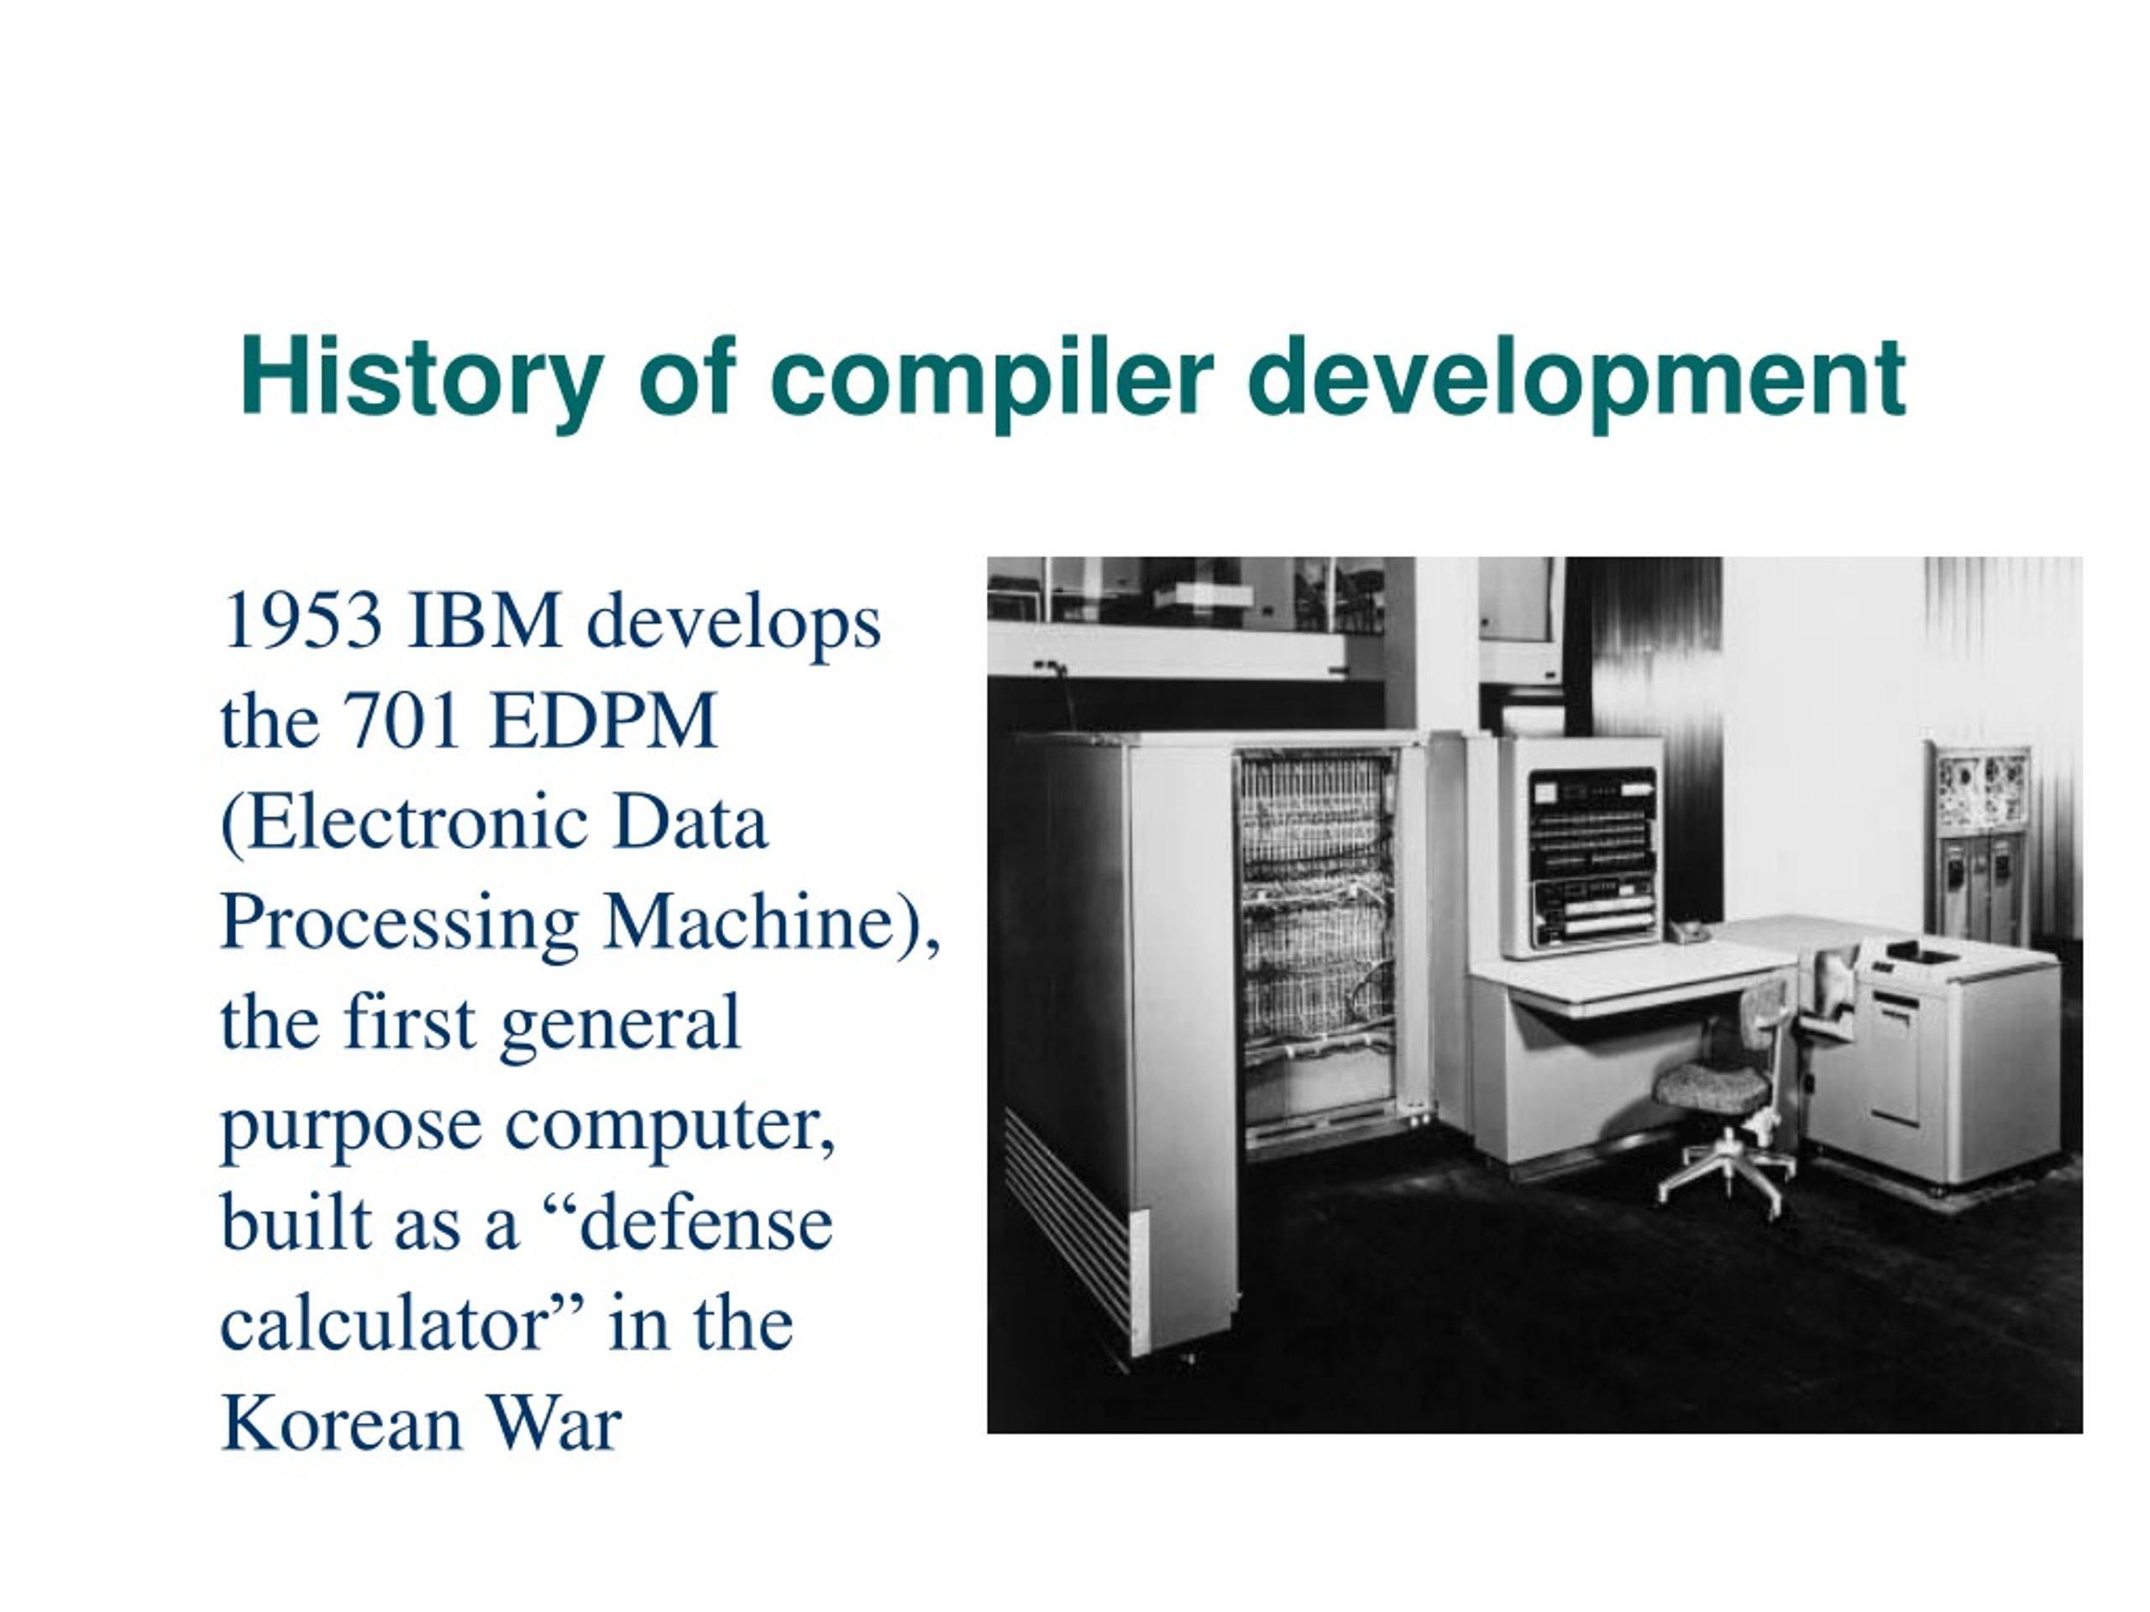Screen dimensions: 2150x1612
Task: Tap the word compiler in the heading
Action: pyautogui.click(x=990, y=380)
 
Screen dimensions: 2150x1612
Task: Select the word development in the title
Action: pyautogui.click(x=1576, y=380)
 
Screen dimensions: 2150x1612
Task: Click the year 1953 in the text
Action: pyautogui.click(x=302, y=620)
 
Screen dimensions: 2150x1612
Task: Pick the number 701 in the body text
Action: pyautogui.click(x=401, y=721)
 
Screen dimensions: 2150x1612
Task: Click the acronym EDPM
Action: pyautogui.click(x=603, y=721)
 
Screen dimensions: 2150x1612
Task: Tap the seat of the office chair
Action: pyautogui.click(x=1712, y=1086)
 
